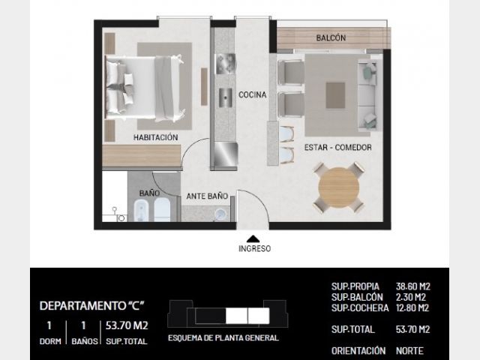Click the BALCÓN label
331,38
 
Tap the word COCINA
252,95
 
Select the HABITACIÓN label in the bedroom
155,137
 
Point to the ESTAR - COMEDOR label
338,148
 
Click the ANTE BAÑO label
207,196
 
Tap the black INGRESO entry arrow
253,238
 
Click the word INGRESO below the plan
255,248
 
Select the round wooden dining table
338,187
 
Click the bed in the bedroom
145,87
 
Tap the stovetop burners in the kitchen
225,64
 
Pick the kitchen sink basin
225,97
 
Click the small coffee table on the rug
335,95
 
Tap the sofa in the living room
367,95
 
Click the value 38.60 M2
413,286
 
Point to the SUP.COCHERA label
360,308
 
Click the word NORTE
409,351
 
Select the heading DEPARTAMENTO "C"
91,306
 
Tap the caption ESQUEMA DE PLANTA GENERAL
223,338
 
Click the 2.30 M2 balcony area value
411,297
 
